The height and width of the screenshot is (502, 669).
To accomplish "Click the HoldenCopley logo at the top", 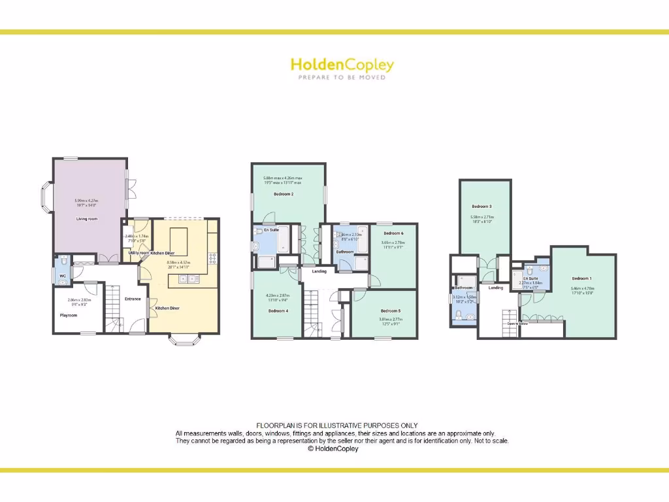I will pos(342,65).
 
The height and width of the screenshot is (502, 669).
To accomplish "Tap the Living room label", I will pos(87,219).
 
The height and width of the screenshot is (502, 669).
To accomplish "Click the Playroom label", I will pos(69,315).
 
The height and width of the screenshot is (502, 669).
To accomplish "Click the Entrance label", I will pos(133,299).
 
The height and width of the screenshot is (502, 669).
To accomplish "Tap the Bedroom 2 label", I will pos(283,195).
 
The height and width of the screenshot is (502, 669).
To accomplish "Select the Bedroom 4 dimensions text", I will pos(278,297).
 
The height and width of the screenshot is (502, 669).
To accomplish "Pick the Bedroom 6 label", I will pos(393,233).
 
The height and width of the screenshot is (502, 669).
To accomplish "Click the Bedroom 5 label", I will pos(390,310).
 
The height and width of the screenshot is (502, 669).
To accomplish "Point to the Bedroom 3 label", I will pos(481,207).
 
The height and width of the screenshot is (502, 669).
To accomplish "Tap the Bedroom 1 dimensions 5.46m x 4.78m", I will pos(582,290).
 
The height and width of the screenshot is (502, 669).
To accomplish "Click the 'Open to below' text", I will pos(517,323).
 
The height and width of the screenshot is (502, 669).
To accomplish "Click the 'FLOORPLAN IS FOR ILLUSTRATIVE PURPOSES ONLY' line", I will pos(336,426).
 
